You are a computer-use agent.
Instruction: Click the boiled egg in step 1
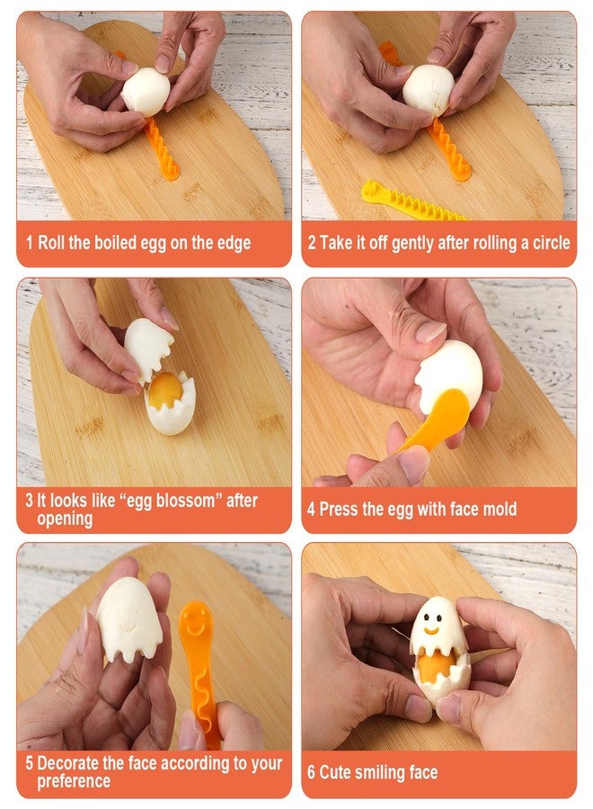146,92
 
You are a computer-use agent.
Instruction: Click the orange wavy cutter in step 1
162,149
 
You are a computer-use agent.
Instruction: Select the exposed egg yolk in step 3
165,390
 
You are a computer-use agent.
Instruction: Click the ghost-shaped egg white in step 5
128,619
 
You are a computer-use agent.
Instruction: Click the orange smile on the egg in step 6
431,630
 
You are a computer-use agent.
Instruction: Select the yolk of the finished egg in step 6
436,665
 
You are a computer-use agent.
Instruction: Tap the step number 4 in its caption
311,510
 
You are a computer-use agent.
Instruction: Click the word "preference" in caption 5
74,781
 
